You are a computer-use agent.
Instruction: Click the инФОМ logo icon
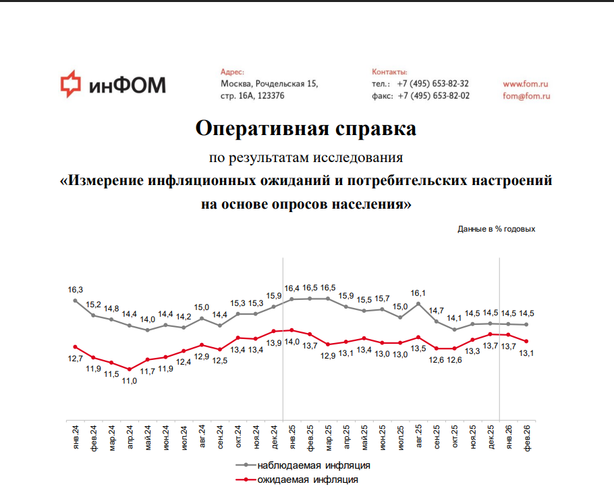69,84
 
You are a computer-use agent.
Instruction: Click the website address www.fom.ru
525,84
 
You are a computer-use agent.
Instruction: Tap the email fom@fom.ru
527,96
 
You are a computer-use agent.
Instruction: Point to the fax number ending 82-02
433,96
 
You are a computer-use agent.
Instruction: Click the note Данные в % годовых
496,229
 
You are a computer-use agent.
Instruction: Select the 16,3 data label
75,290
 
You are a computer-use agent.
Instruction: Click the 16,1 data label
418,293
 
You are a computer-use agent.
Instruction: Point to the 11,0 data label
129,381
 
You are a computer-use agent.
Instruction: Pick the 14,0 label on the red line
291,342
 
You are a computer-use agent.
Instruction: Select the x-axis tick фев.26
527,438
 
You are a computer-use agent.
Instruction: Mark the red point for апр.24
129,369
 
